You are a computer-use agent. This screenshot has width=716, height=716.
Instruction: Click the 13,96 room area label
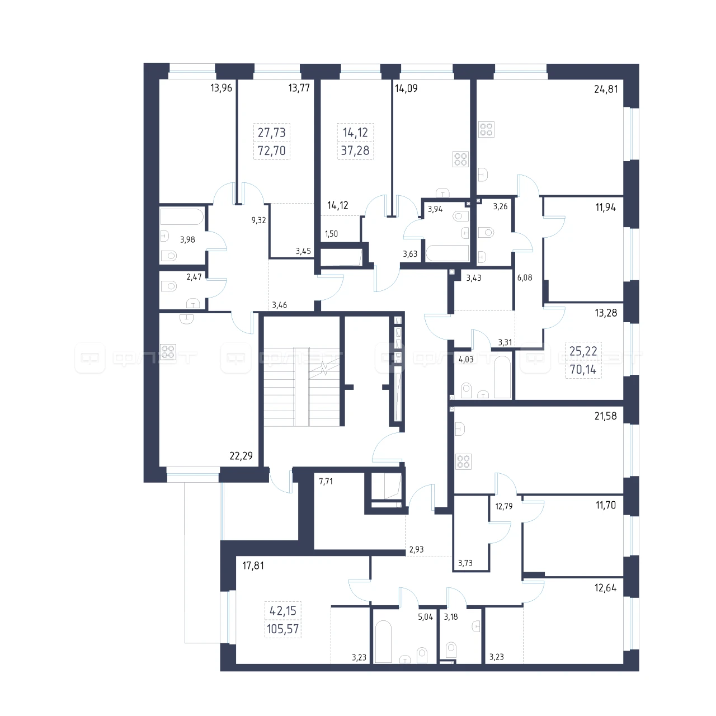[221, 88]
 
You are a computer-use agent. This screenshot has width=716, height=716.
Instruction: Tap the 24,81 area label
[606, 89]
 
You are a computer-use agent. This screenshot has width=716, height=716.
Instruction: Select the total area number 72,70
[272, 150]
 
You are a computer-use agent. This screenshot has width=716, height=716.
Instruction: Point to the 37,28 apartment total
[355, 150]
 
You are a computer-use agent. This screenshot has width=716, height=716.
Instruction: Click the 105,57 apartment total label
[282, 629]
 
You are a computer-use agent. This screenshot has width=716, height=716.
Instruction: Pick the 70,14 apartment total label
[583, 369]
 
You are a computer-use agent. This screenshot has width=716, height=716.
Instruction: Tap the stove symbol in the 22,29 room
[168, 351]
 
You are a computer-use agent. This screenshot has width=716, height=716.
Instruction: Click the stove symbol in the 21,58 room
[463, 461]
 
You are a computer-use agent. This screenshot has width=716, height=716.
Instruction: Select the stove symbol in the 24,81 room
[486, 130]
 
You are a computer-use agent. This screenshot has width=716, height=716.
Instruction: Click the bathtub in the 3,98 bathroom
[182, 217]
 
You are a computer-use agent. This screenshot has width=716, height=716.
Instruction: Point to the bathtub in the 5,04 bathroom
[384, 642]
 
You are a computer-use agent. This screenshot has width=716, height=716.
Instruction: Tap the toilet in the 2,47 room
[169, 286]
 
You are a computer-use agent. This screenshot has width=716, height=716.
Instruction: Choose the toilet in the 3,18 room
[451, 649]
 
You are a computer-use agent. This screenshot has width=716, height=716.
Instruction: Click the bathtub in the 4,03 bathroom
[502, 377]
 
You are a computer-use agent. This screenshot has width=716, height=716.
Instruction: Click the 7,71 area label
[326, 482]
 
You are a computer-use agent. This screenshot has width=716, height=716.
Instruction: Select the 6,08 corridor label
[525, 277]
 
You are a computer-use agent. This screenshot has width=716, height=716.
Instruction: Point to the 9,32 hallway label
[258, 220]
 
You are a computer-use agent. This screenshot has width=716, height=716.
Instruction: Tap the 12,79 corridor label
[504, 506]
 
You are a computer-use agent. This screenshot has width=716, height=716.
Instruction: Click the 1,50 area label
[332, 234]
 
